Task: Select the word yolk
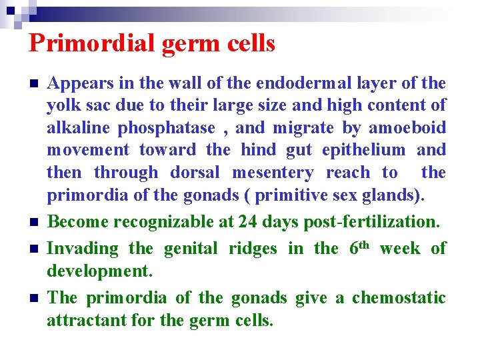click(63, 105)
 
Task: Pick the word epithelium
click(366, 150)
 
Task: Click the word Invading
click(81, 249)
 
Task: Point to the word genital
click(190, 249)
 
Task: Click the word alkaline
click(73, 127)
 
